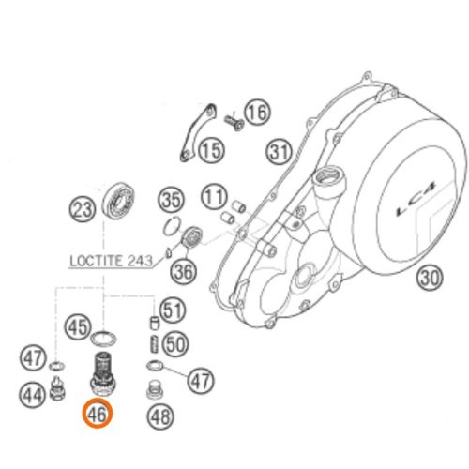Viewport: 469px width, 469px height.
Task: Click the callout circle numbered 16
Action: [x=257, y=113]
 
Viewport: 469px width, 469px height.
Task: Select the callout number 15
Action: [x=212, y=148]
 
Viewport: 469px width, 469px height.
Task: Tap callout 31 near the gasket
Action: [x=278, y=150]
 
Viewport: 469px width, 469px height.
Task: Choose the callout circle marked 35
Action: [x=169, y=199]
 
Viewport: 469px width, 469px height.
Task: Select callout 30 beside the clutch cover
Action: [x=430, y=278]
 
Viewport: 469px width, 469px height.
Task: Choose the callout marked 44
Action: [x=33, y=395]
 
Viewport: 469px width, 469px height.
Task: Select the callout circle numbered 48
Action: [x=160, y=415]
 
